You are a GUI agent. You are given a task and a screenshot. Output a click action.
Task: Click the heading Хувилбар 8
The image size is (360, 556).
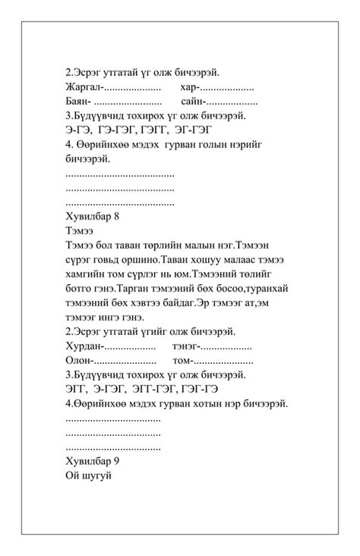pos(93,216)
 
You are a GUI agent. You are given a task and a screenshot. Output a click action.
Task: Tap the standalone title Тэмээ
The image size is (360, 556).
pos(80,231)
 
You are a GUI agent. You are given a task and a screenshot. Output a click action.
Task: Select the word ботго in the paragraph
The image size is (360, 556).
pos(80,289)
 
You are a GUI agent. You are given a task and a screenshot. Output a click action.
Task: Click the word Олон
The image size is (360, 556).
pos(78,361)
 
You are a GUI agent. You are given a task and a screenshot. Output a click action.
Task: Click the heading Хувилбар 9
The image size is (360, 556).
pos(93,462)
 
